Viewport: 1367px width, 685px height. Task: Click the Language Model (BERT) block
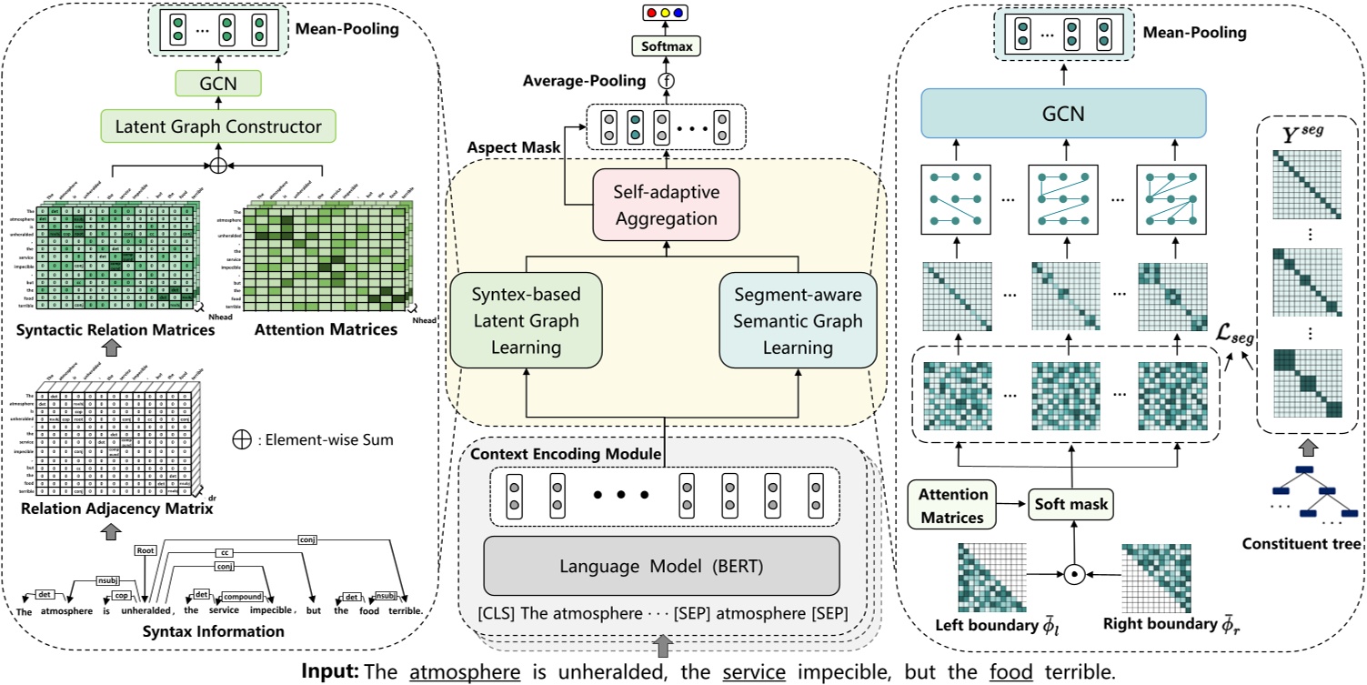click(x=661, y=567)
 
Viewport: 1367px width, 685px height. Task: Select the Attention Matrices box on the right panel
click(x=952, y=506)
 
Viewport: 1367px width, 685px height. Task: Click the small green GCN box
click(x=217, y=85)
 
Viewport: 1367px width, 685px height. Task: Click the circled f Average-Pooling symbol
click(x=666, y=81)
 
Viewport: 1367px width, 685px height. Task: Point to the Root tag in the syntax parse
click(x=145, y=550)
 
